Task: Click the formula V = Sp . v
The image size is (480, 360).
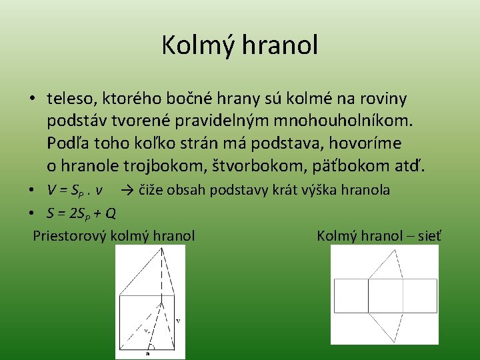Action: tap(75, 190)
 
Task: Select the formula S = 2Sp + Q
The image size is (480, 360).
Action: tap(81, 213)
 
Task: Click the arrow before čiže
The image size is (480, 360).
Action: tap(129, 190)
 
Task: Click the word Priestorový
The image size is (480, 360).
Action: tap(71, 235)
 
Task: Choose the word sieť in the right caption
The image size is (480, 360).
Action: tap(429, 235)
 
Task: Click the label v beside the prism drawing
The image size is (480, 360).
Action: tap(177, 321)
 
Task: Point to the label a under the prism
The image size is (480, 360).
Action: tap(149, 354)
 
